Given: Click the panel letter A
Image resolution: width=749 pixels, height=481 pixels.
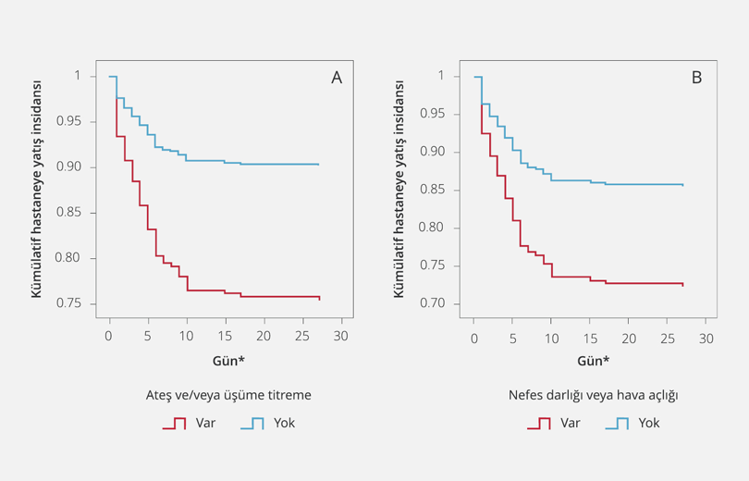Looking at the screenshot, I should (337, 78).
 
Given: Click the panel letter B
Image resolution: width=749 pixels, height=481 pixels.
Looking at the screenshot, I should (696, 78).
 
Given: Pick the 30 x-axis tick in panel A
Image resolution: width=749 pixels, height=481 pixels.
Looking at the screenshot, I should (340, 335).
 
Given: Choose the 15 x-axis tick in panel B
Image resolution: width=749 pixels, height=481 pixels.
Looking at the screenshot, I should (590, 335).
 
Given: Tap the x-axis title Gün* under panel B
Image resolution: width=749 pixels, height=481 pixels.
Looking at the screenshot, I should (593, 360).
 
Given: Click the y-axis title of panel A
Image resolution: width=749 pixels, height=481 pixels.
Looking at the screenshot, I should (37, 190).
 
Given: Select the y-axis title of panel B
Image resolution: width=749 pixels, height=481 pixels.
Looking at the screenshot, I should (400, 190).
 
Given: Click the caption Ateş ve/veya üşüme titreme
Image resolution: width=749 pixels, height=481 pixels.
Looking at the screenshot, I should (227, 395).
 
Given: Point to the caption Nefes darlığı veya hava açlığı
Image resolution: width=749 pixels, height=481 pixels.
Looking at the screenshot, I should (594, 395).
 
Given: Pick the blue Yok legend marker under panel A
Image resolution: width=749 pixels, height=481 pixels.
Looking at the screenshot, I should (252, 424).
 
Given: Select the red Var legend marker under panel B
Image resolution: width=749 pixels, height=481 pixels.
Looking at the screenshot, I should (539, 424).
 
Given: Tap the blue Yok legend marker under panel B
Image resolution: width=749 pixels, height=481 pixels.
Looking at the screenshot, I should (618, 424).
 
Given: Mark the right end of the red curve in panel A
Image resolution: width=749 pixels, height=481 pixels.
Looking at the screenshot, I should (319, 299).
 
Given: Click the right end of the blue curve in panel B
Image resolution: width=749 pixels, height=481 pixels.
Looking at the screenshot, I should (683, 185).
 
